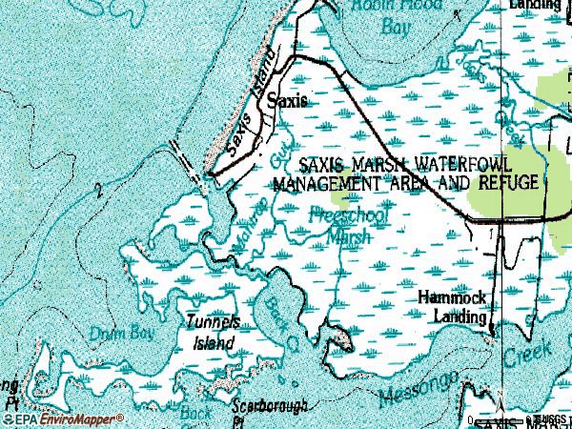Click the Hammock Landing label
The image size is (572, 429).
click(x=454, y=306)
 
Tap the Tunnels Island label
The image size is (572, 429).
click(x=211, y=331)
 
